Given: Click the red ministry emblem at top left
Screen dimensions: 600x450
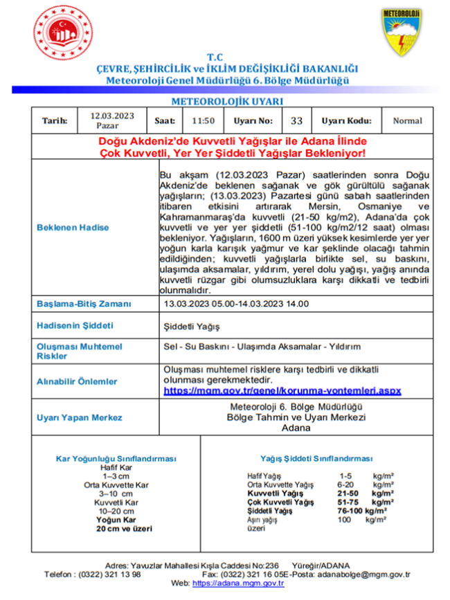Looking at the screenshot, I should (62, 32).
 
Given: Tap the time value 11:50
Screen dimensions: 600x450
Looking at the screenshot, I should (203, 120).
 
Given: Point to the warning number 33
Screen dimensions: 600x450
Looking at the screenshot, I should (296, 120).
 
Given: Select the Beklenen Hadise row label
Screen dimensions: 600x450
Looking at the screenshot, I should (73, 227).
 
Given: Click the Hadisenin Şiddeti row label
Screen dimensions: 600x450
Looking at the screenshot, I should (75, 325).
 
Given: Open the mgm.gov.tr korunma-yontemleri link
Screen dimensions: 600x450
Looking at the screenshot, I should (282, 391).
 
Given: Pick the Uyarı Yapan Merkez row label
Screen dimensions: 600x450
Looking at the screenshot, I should (79, 417).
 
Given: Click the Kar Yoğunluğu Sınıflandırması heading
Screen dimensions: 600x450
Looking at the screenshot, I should (116, 458).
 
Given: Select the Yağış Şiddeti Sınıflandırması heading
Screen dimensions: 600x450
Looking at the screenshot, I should (316, 458).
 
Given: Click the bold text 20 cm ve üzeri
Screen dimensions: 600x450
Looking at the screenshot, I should (125, 528).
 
